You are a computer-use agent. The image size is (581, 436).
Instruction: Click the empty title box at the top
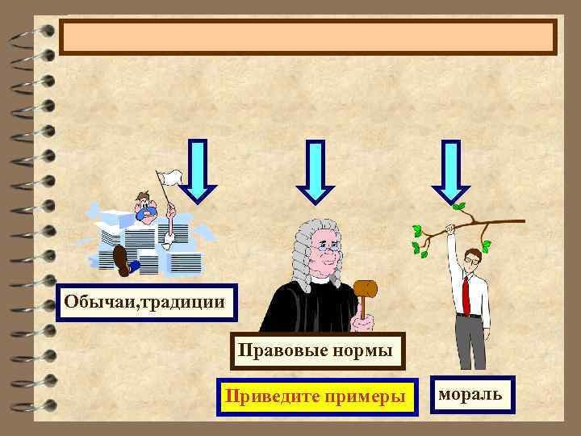pyautogui.click(x=308, y=37)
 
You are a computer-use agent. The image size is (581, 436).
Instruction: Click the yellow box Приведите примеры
pyautogui.click(x=317, y=397)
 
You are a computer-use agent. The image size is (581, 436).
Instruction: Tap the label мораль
pyautogui.click(x=470, y=394)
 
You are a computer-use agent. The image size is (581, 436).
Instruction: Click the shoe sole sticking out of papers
pyautogui.click(x=122, y=259)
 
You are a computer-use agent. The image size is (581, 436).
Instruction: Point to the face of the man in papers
pyautogui.click(x=146, y=208)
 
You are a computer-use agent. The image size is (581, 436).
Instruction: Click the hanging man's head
pyautogui.click(x=472, y=258)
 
